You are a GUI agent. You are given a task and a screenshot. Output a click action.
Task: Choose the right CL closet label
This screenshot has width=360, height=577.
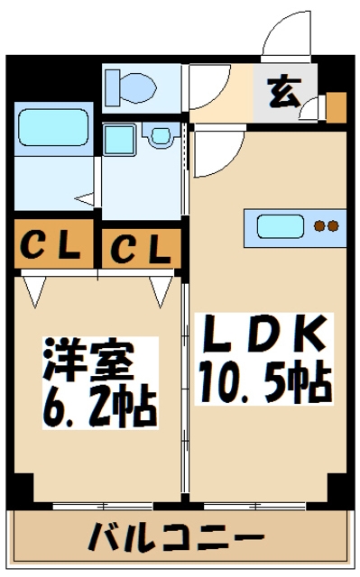pos(140,248)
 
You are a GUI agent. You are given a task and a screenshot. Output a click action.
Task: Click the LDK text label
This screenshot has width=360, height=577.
pos(262,339)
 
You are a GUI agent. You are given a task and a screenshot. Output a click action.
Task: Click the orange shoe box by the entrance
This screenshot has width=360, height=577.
pos(336,107)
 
